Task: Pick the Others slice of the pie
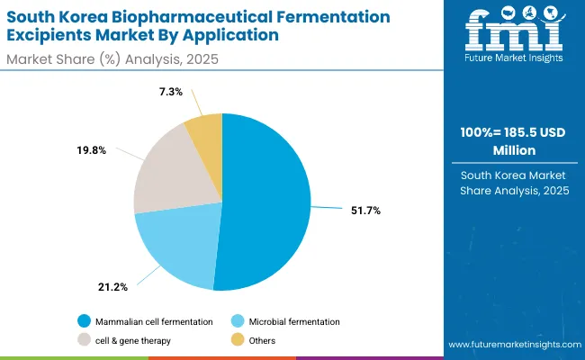point(204,132)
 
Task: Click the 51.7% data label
point(365,211)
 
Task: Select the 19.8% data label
point(92,150)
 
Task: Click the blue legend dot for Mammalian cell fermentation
point(84,321)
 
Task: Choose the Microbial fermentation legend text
point(295,321)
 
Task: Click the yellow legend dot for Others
point(238,340)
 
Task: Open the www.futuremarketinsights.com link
point(513,345)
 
